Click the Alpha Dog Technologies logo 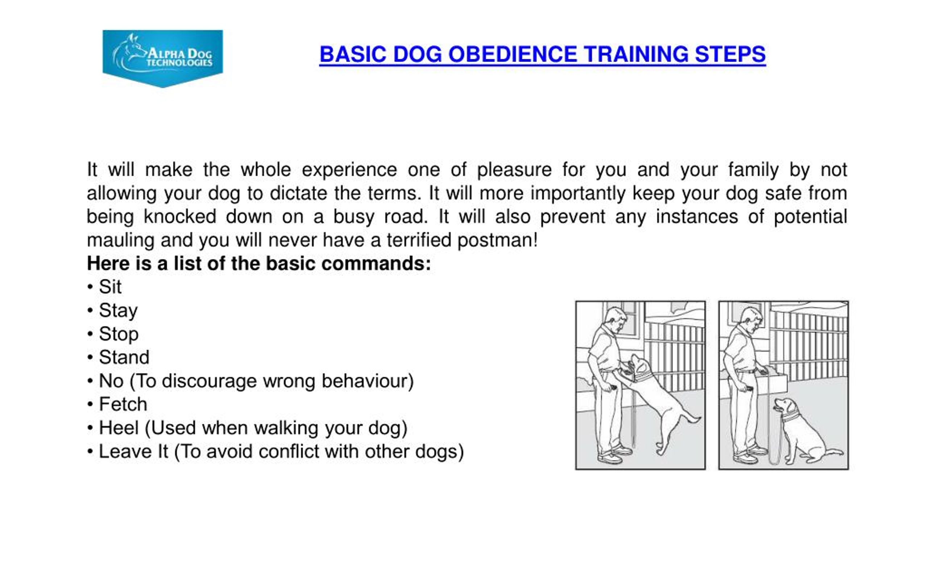point(162,58)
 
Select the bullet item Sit point(110,287)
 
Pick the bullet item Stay point(118,311)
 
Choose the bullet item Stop point(118,334)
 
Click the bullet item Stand point(124,357)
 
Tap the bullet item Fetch point(123,404)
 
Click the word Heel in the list point(118,428)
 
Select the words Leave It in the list point(133,451)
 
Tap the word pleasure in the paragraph point(514,170)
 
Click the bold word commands point(376,264)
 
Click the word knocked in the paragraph point(179,217)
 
